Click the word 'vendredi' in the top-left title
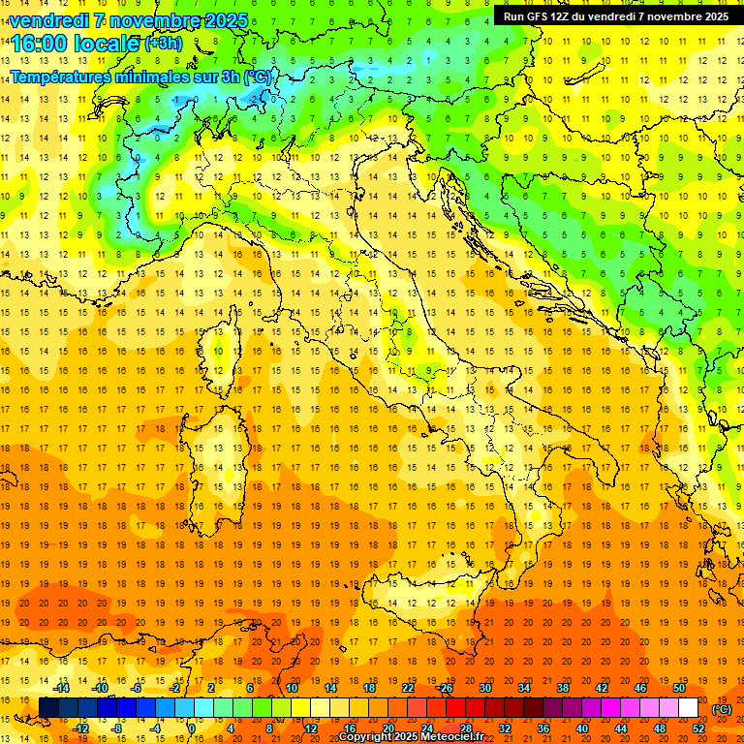point(50,20)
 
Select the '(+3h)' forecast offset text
point(162,44)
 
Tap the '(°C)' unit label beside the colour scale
point(722,709)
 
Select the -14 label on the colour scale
point(63,688)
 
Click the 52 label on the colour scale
point(698,728)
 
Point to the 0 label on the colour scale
point(192,728)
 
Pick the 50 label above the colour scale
point(679,688)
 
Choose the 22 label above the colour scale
point(408,688)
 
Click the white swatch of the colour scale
point(688,708)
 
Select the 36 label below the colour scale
point(543,728)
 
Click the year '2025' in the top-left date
point(225,20)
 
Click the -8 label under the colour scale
point(117,728)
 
